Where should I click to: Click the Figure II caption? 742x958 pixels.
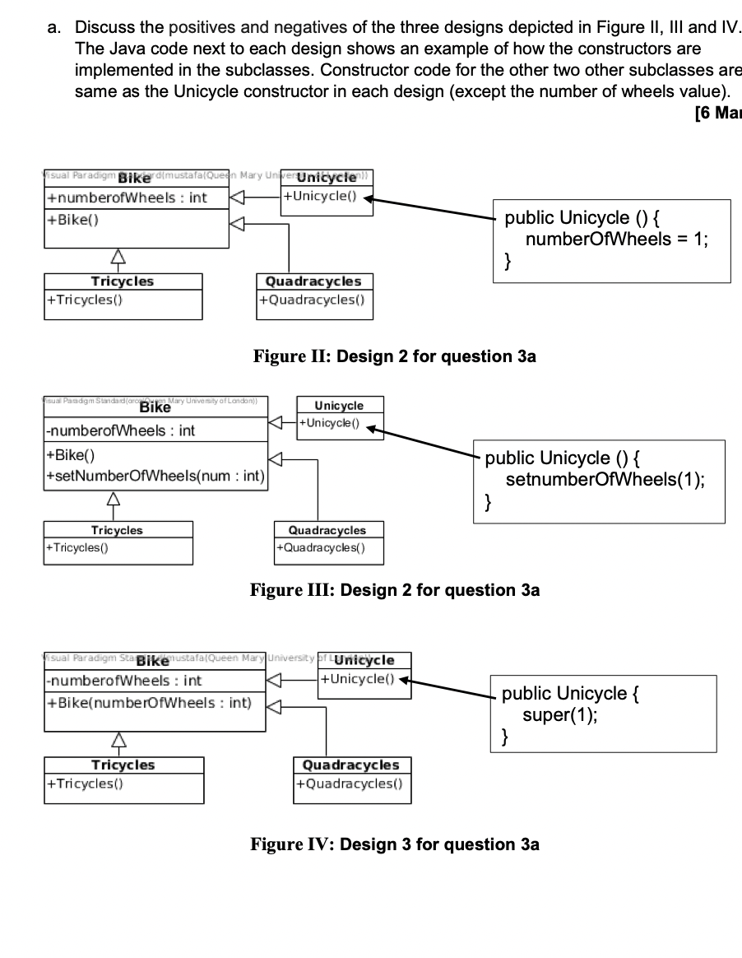click(x=396, y=356)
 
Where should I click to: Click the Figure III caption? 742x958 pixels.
click(x=396, y=590)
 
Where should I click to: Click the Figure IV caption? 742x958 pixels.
click(x=396, y=844)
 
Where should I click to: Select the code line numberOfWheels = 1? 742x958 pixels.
click(x=616, y=240)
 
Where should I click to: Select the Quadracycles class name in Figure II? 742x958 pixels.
click(x=313, y=281)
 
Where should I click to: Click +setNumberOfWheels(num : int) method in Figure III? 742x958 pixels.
click(x=154, y=476)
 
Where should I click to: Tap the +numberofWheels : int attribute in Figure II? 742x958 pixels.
click(x=127, y=198)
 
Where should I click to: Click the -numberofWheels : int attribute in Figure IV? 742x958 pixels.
click(x=125, y=681)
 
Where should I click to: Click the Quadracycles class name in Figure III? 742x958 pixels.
click(x=327, y=530)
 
